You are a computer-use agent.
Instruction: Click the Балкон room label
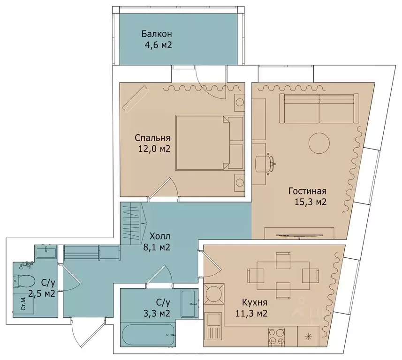tap(156, 34)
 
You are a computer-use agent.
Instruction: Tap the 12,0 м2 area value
tap(154, 149)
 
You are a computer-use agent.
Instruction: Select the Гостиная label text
tap(307, 191)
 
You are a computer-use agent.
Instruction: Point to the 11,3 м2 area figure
tap(251, 313)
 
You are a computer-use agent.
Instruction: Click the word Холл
tap(160, 236)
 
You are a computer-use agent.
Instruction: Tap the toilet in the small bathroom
tap(24, 281)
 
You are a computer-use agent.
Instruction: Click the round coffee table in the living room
tap(319, 143)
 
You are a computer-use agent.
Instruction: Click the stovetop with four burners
tap(276, 337)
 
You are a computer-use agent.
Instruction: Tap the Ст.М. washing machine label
tap(23, 304)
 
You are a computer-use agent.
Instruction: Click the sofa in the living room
tap(319, 109)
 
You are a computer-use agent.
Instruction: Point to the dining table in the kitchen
tap(283, 276)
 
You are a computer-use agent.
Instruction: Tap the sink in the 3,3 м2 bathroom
tap(190, 304)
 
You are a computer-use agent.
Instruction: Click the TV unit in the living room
tap(299, 233)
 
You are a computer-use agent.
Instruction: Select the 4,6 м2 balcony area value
tap(158, 45)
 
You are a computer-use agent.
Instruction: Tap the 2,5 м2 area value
tap(42, 293)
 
